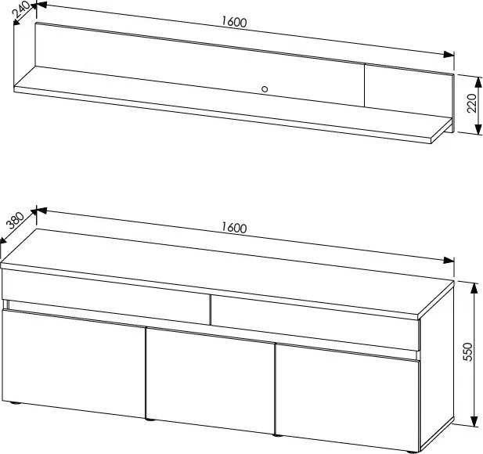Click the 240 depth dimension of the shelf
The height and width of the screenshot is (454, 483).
click(21, 11)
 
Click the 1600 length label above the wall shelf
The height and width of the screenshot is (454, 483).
click(234, 22)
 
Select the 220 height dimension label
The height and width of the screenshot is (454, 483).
click(471, 103)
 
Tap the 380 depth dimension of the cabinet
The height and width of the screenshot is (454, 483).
click(16, 221)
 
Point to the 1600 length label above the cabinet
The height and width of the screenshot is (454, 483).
click(234, 228)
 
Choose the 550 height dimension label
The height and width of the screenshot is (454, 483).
click(467, 351)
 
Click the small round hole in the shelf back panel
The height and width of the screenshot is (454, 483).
click(265, 89)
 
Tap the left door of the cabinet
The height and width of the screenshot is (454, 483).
click(74, 363)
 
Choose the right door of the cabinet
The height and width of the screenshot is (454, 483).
click(347, 398)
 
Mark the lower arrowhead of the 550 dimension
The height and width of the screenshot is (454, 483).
click(474, 421)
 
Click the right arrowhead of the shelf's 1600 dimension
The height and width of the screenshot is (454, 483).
click(449, 55)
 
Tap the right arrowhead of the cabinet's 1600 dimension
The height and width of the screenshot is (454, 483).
click(449, 261)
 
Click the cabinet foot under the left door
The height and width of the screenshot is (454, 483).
click(14, 402)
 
